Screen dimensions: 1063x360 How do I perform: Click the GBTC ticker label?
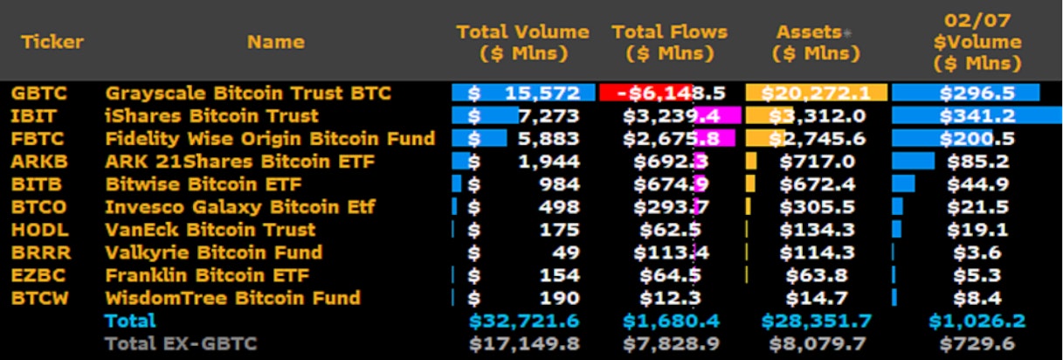(39, 93)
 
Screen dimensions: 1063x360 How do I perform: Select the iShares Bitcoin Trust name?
(211, 116)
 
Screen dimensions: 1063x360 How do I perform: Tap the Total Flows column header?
(670, 43)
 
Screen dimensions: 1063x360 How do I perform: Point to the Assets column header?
(815, 43)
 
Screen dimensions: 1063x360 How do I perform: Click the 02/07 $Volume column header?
(977, 42)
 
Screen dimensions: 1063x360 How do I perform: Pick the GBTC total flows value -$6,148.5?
(671, 93)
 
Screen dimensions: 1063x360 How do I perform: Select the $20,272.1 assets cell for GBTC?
(816, 93)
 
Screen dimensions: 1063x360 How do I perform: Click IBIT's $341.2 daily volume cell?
(977, 116)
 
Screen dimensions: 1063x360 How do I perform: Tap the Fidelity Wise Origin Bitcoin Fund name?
(270, 139)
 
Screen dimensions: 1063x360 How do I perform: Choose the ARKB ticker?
(39, 162)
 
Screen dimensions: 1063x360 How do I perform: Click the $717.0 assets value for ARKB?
(818, 162)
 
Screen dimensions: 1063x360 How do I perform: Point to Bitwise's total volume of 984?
(559, 184)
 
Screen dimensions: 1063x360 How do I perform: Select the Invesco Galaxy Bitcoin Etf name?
(240, 207)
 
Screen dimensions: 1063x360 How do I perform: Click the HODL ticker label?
(40, 230)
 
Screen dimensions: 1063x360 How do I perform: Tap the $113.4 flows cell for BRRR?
(671, 253)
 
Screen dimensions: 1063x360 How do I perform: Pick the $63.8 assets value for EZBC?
(817, 275)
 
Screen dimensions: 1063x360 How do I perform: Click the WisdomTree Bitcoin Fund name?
(232, 298)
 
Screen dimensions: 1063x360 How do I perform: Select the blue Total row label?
(130, 321)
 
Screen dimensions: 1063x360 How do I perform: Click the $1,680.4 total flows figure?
(671, 321)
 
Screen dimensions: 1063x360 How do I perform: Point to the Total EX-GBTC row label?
(181, 344)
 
